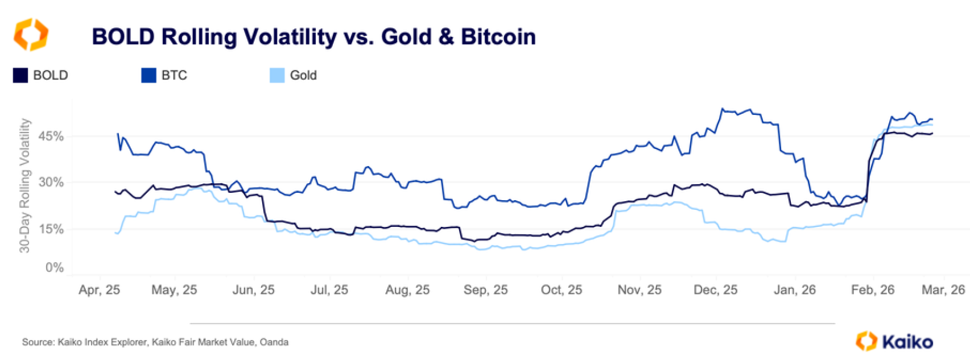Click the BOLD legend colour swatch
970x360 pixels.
[x=20, y=76]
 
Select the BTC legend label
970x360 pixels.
[x=174, y=76]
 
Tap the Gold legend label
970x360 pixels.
[x=303, y=76]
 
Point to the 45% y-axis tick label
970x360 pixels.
[x=51, y=136]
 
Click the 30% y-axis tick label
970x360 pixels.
[x=51, y=183]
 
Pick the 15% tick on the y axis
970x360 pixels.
[x=51, y=229]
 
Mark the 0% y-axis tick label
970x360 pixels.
[x=55, y=268]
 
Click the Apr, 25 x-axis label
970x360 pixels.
[x=100, y=290]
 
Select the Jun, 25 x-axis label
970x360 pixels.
[x=253, y=290]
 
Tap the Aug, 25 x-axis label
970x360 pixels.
[x=407, y=290]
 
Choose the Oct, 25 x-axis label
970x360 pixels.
[x=562, y=290]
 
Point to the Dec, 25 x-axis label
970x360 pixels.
[x=715, y=290]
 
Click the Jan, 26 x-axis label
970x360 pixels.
[x=794, y=290]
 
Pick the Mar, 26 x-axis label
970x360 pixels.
[x=943, y=290]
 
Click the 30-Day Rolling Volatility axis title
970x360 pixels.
[x=24, y=185]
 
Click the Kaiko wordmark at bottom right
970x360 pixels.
[x=907, y=342]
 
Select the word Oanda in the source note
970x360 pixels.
[x=274, y=342]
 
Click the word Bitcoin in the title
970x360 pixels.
[x=498, y=37]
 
